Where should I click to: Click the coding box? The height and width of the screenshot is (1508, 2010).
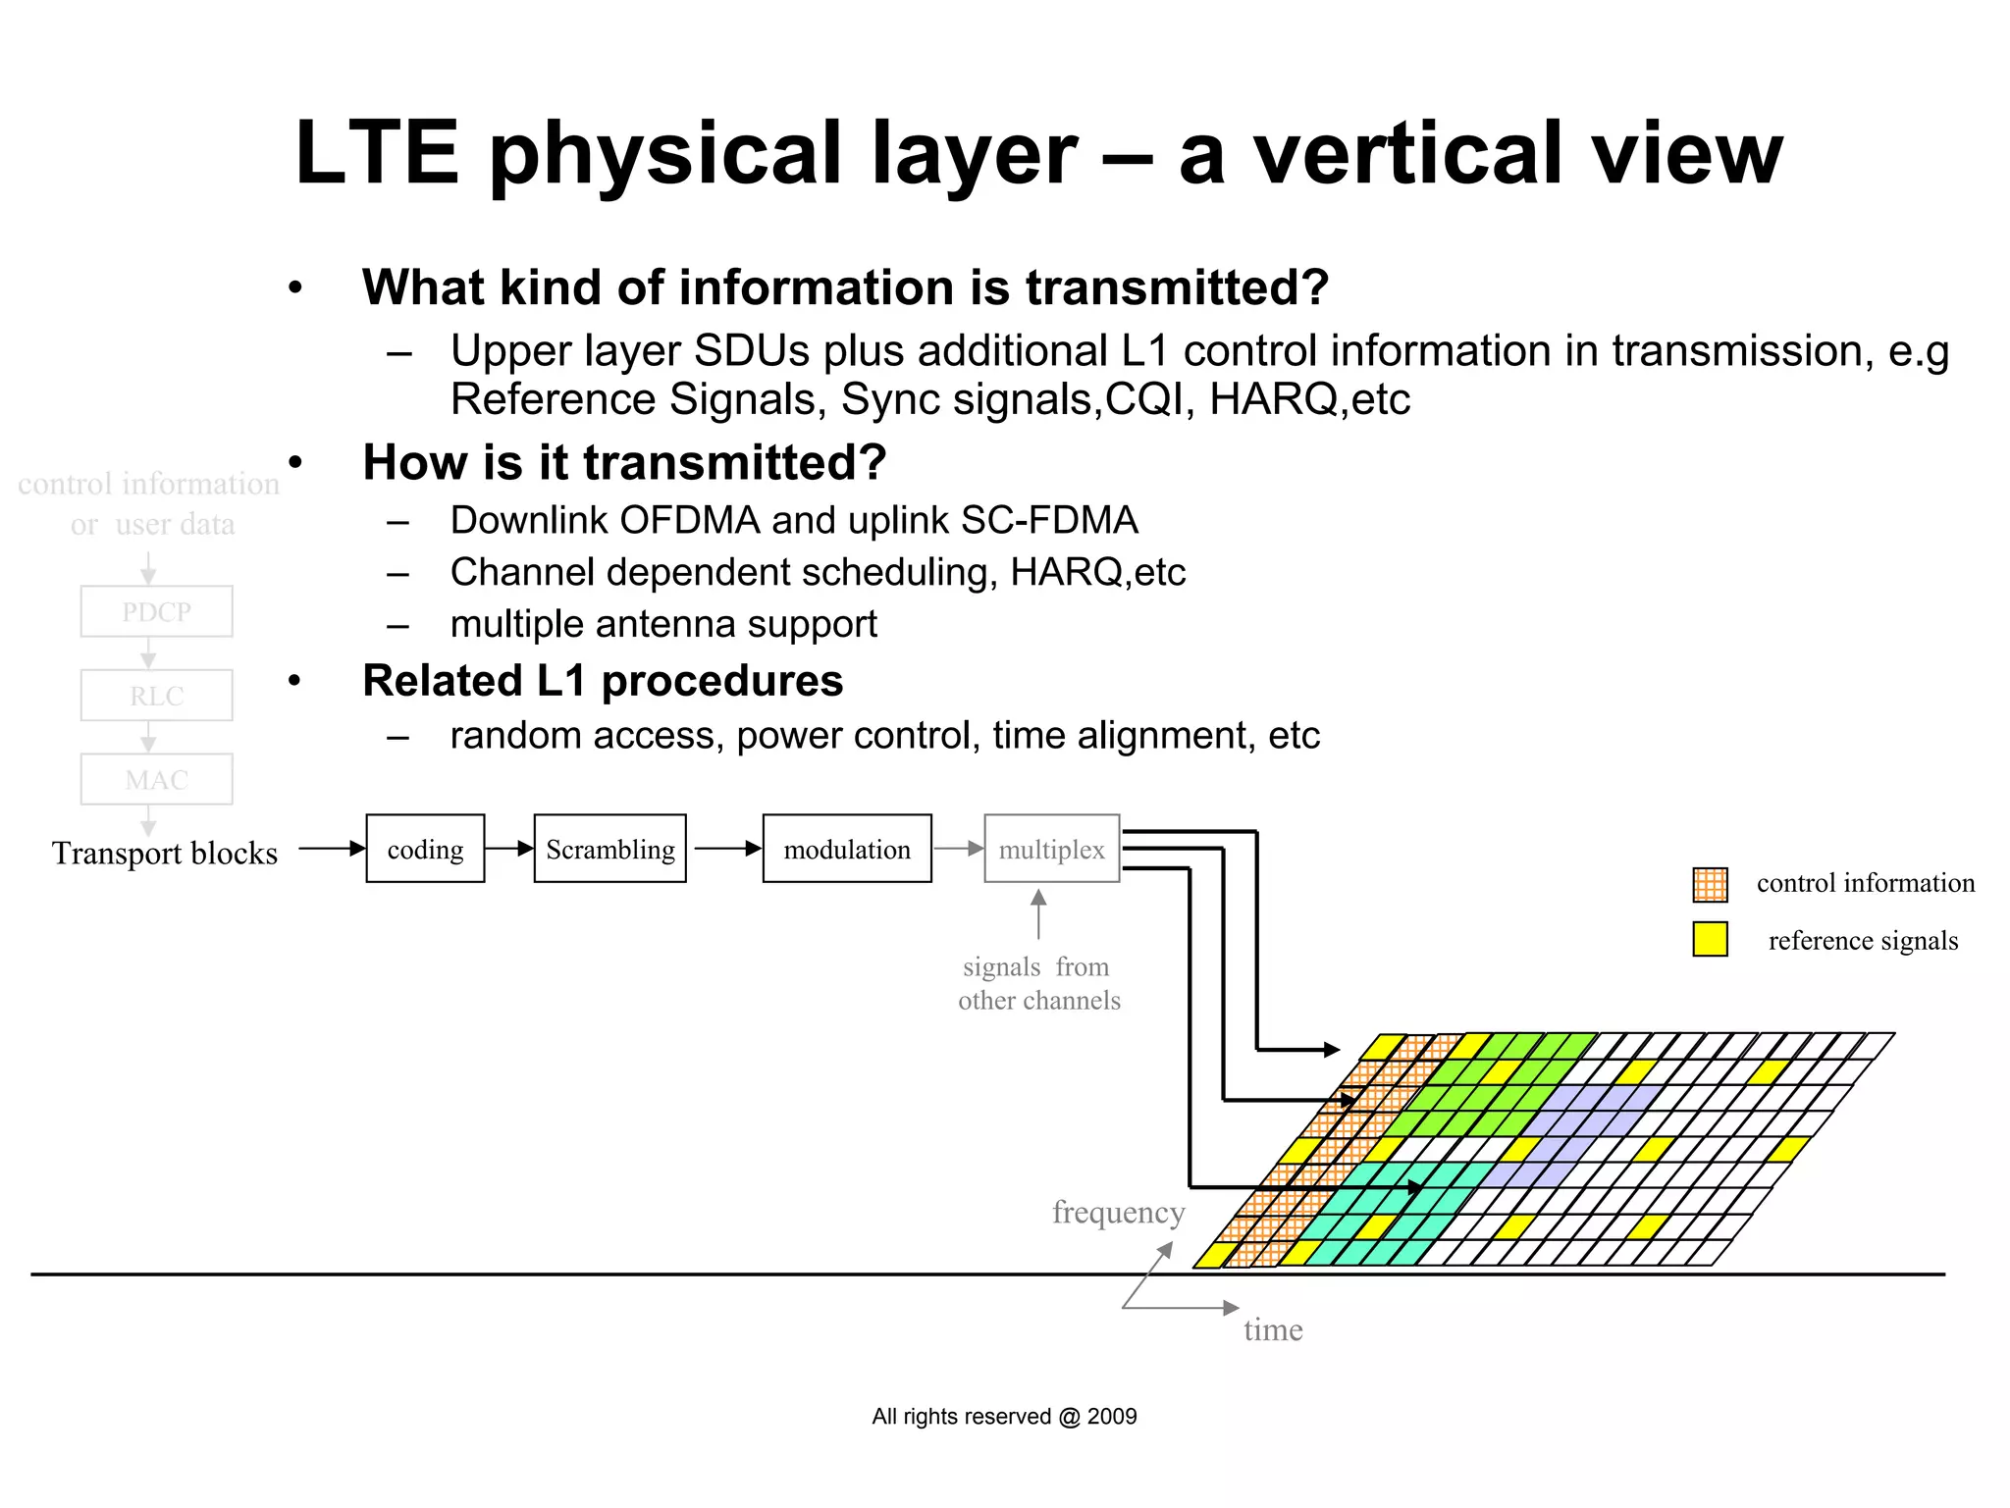[x=425, y=849]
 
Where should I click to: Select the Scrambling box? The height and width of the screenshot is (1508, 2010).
[x=609, y=849]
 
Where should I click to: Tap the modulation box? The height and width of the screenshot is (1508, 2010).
[x=847, y=849]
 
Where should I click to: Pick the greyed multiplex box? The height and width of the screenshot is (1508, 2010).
[x=1051, y=849]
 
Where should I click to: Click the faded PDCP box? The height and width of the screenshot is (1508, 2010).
[x=156, y=611]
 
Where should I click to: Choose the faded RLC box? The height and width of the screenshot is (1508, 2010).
[x=156, y=696]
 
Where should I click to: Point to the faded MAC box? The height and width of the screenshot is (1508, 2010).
[x=156, y=780]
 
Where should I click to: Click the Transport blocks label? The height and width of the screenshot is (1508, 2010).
[x=165, y=853]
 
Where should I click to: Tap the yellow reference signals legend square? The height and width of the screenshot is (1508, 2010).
[x=1710, y=939]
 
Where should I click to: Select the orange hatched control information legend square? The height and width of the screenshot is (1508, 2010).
[x=1710, y=884]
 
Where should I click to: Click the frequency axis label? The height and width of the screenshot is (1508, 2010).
[x=1118, y=1213]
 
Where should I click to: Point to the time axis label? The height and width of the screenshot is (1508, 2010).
[x=1273, y=1330]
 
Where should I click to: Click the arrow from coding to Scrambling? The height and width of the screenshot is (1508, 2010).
[x=509, y=849]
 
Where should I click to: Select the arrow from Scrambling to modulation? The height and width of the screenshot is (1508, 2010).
[x=726, y=849]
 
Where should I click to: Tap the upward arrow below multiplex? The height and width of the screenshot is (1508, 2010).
[x=1038, y=913]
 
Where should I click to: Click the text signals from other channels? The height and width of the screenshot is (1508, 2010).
[x=1038, y=984]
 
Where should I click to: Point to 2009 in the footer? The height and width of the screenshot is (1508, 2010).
[x=1112, y=1416]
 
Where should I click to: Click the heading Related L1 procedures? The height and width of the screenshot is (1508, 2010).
[x=603, y=681]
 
